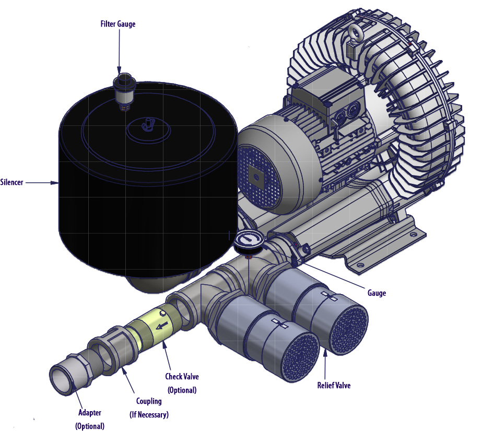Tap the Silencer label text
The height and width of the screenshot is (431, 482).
11,183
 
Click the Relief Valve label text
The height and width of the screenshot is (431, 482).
334,386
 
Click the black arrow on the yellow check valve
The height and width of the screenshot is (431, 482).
161,326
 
